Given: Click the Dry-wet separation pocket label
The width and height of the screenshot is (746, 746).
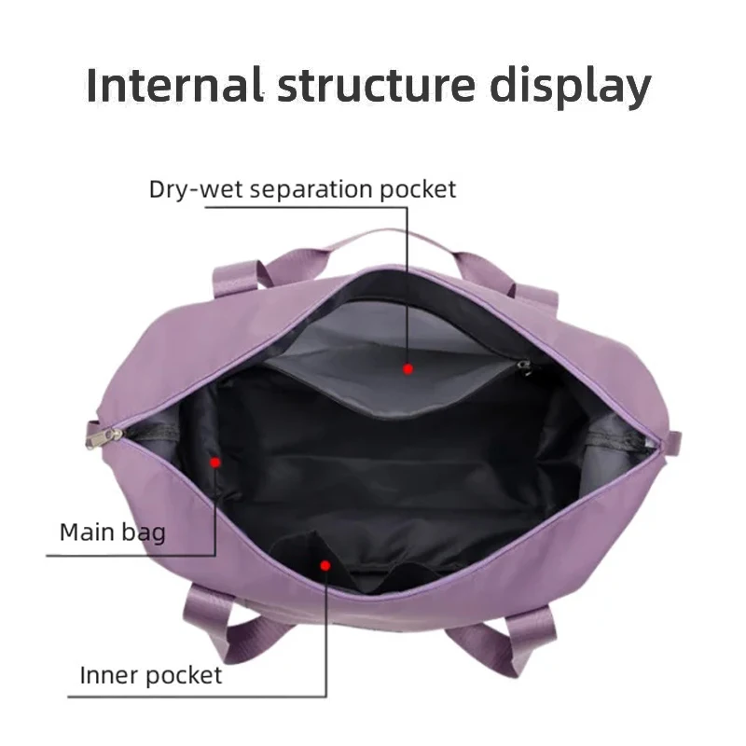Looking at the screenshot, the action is [x=302, y=189].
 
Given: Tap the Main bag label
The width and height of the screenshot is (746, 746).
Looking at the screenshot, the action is [x=112, y=532].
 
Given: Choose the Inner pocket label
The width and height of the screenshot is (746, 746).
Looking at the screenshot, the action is [x=150, y=674].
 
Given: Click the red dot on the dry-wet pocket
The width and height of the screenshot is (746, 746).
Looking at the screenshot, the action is [x=408, y=369].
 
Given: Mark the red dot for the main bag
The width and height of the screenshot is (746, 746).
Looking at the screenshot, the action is [x=215, y=461].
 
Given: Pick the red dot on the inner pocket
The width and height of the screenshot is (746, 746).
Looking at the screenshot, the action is [x=325, y=564].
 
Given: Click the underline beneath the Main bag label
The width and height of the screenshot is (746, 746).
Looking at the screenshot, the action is [x=131, y=556].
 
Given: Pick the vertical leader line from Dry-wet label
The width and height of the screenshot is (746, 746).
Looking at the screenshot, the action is [x=408, y=280].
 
